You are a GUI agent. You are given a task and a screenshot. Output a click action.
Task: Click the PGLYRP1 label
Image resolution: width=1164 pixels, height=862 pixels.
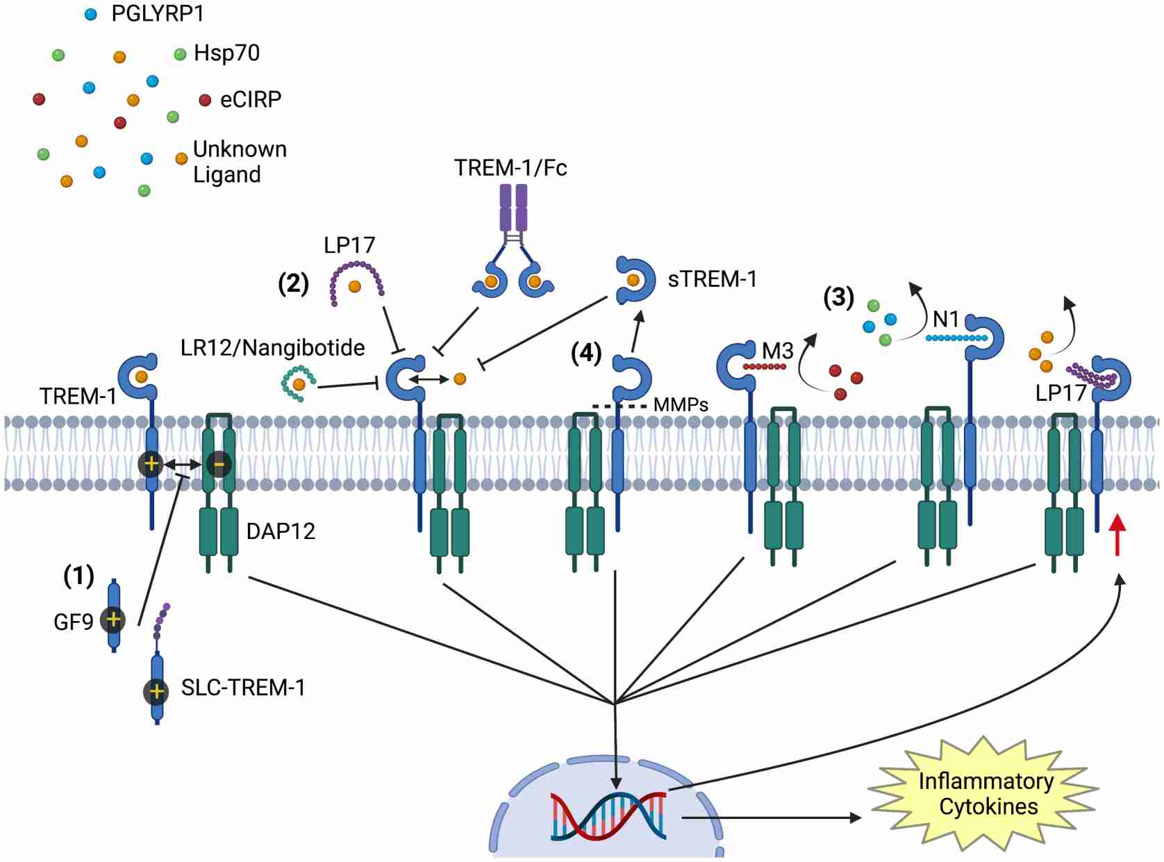click(157, 13)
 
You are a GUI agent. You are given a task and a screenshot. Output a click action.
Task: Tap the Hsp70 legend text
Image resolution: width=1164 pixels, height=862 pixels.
click(226, 53)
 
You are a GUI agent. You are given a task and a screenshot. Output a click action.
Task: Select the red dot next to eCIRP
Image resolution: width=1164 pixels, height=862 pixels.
click(205, 100)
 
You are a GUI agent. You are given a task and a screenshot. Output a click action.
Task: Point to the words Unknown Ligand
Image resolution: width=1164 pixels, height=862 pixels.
click(239, 161)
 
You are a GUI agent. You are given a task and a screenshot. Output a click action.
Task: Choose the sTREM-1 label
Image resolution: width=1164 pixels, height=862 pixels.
click(712, 279)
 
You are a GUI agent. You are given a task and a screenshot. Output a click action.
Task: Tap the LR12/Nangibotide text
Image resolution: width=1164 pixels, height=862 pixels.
click(272, 347)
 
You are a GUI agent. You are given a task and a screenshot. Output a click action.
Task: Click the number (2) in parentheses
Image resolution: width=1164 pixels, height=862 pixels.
click(293, 283)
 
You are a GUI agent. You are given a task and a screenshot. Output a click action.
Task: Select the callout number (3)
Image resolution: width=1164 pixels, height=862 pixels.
click(838, 297)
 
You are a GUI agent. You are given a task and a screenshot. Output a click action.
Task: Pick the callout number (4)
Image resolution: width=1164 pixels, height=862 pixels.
click(585, 353)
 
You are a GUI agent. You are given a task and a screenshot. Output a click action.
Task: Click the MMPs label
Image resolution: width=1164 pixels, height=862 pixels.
click(680, 405)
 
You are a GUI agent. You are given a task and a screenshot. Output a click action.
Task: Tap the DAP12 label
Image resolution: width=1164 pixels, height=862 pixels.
click(281, 531)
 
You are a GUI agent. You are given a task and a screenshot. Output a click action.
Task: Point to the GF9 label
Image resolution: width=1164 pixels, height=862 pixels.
click(73, 622)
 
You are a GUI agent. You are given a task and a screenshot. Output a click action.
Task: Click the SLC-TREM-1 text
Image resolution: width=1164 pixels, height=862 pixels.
click(243, 688)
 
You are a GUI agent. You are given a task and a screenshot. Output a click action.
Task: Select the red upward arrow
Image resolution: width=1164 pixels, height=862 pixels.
click(1117, 534)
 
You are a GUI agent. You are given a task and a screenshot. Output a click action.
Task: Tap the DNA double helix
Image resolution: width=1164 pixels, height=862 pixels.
click(608, 816)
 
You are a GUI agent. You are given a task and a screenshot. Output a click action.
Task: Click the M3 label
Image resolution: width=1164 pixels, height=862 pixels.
click(777, 351)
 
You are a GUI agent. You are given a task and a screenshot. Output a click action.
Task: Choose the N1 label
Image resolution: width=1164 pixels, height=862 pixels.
click(945, 320)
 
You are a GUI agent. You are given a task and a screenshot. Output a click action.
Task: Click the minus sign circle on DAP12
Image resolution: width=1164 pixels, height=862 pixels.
click(219, 464)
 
